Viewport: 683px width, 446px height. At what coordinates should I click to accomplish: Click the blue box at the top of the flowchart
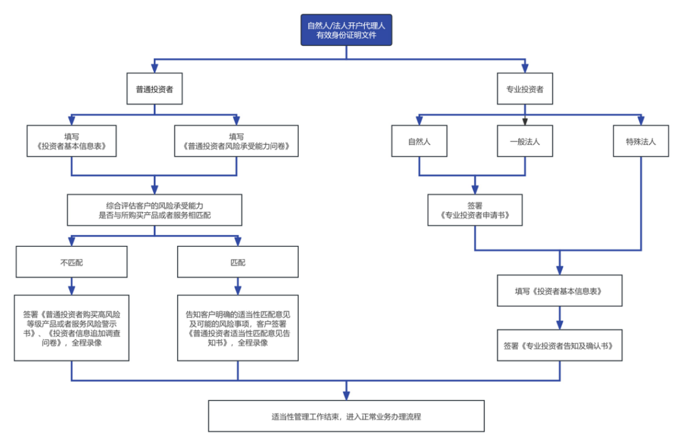346,30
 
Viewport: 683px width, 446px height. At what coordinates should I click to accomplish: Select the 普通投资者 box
154,89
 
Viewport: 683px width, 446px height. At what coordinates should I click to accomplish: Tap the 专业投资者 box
525,89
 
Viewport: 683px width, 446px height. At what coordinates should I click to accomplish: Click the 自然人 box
419,141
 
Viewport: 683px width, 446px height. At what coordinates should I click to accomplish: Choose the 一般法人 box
525,141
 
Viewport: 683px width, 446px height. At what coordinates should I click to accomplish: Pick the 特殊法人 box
640,141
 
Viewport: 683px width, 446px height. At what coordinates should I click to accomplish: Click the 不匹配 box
72,262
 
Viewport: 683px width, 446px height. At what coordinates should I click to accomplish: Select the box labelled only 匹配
238,262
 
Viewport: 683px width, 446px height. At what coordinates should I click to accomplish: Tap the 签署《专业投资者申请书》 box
475,210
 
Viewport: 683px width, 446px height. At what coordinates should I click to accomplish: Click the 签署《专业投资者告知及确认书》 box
560,345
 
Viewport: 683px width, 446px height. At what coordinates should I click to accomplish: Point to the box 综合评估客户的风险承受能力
155,210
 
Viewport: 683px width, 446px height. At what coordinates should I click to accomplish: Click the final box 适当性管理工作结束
346,416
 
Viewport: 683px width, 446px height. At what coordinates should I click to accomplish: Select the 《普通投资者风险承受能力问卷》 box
236,141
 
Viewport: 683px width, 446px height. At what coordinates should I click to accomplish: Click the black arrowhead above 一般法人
525,121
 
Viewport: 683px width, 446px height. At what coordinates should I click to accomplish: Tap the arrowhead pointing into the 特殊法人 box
640,121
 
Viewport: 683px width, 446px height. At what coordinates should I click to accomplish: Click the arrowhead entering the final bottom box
346,395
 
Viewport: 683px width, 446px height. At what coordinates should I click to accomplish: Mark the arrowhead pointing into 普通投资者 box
154,69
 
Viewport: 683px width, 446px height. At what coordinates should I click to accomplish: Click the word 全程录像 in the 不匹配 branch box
86,344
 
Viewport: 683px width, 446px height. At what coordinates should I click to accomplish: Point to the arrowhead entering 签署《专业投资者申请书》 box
475,189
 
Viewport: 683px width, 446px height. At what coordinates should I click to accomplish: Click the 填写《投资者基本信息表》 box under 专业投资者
560,290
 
